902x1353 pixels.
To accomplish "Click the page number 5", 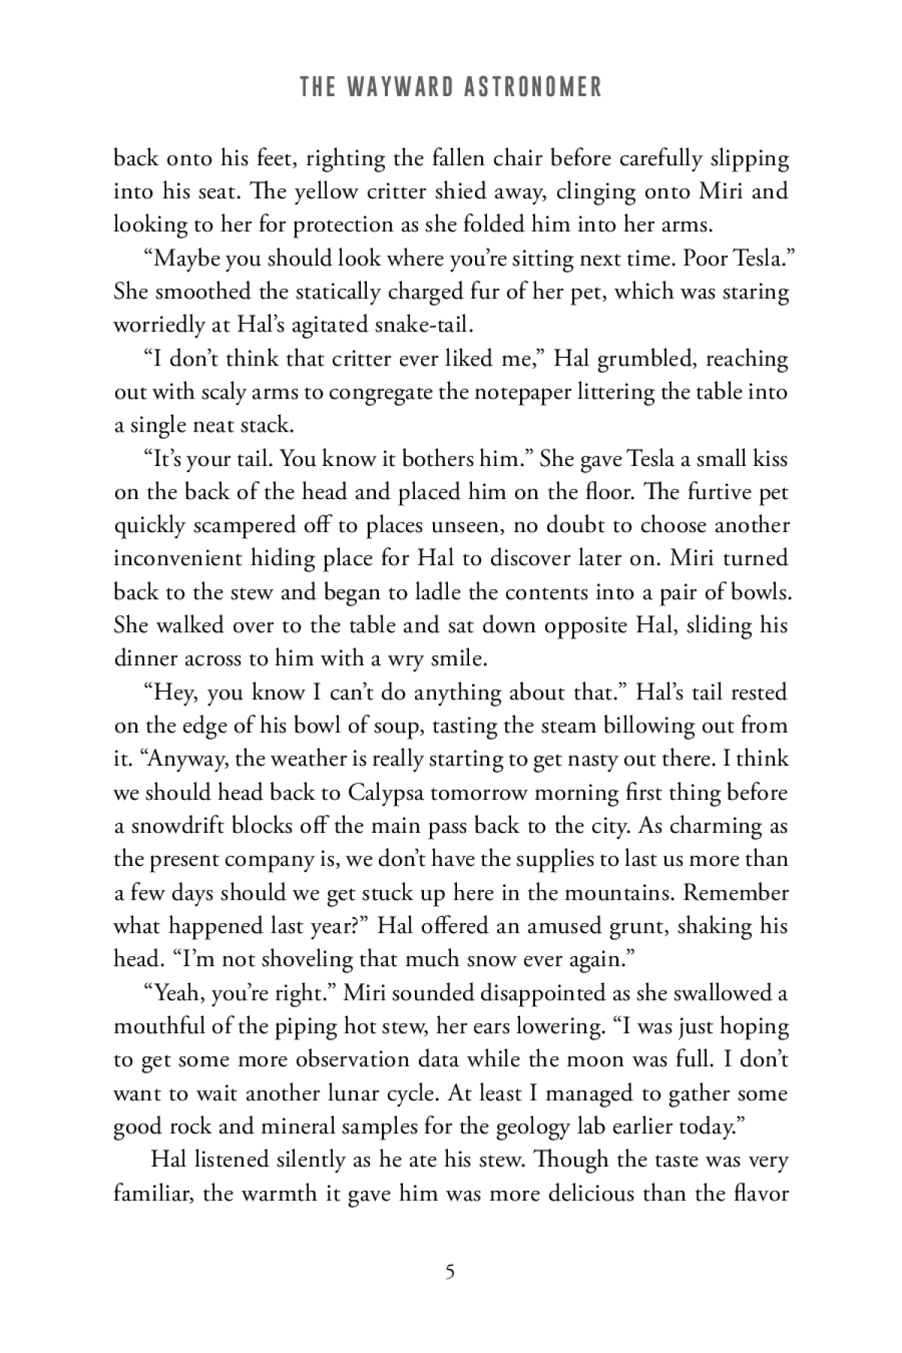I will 449,1272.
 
